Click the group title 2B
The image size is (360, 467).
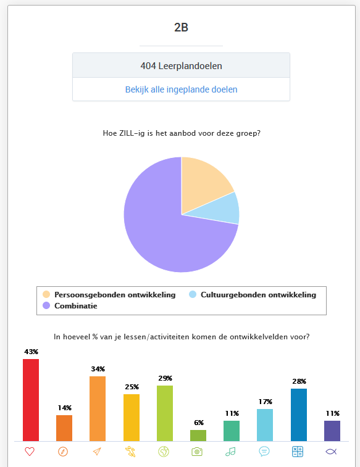click(181, 27)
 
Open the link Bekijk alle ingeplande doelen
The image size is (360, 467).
click(181, 89)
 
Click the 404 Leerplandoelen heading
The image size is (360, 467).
click(181, 66)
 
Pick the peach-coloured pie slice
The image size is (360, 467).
click(203, 181)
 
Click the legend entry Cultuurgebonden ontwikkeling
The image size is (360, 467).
click(253, 294)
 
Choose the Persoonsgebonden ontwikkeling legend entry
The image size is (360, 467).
click(109, 294)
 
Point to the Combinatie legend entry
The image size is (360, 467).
click(70, 305)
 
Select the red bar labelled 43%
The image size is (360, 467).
click(31, 400)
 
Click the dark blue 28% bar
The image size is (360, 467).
click(299, 415)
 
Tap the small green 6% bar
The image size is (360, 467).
click(198, 436)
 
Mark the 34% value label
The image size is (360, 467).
click(98, 369)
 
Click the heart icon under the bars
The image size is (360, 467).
click(30, 452)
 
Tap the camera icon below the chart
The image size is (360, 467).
click(197, 452)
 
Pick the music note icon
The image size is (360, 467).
click(230, 452)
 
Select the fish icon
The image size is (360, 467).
click(331, 452)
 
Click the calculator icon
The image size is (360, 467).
click(298, 452)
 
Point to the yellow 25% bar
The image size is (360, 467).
click(132, 418)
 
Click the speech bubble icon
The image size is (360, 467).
click(264, 452)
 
